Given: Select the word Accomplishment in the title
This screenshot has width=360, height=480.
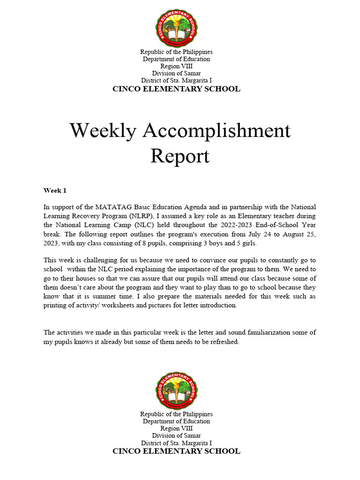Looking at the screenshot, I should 217,131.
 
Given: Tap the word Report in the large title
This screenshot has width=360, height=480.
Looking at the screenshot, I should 180,156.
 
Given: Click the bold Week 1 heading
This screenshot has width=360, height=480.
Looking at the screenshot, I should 55,190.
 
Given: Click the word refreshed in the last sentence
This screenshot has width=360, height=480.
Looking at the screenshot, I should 224,342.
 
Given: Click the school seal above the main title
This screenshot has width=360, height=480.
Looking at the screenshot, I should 176,29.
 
